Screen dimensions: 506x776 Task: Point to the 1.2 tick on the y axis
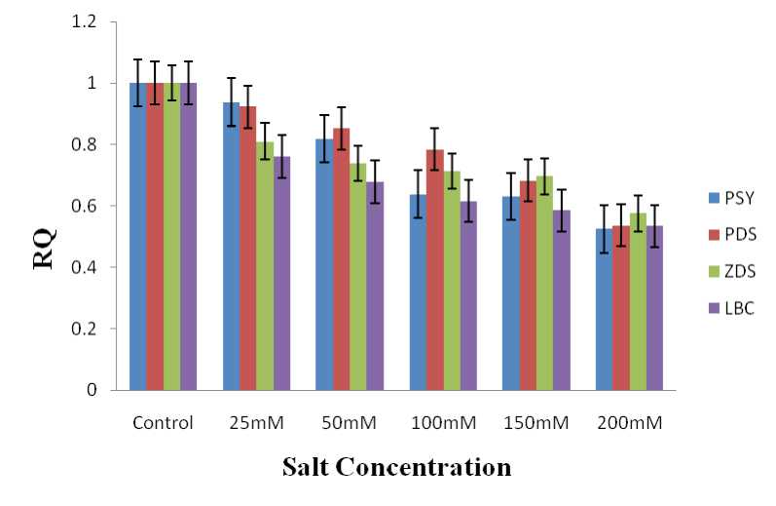99,22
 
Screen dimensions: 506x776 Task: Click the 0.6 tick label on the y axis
99,206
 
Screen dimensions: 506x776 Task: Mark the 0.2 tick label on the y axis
99,329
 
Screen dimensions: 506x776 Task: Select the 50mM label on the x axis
350,423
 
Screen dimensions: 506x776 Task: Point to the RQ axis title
46,249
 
